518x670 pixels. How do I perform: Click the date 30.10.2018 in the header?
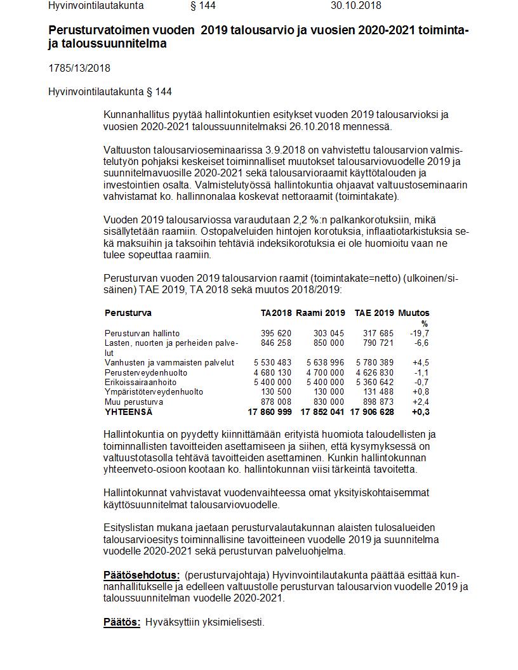coord(355,6)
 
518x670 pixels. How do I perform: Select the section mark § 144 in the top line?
coord(203,6)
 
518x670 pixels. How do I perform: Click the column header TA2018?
coord(276,313)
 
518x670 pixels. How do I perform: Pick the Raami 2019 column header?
coord(321,313)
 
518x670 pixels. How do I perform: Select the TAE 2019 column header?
coord(374,313)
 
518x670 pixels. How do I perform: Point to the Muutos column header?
coord(413,313)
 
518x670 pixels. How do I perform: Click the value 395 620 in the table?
coord(276,333)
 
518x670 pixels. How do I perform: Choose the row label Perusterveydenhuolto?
coord(140,372)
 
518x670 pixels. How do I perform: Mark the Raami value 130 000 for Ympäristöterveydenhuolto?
coord(329,392)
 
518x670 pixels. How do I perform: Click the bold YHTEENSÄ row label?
coord(128,412)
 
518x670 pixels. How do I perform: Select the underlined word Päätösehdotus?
coord(142,575)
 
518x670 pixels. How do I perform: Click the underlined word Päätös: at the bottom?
coord(122,622)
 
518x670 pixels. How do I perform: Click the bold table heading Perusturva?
coord(128,313)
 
